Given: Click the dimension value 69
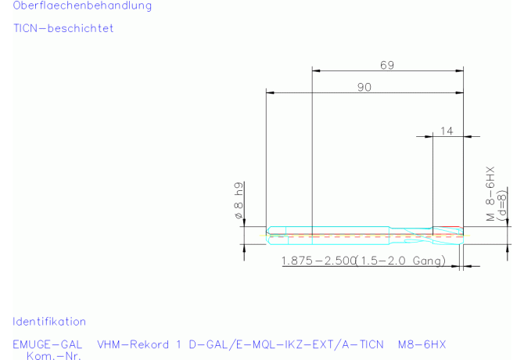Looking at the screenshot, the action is tap(387, 65).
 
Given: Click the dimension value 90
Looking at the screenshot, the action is tap(364, 87).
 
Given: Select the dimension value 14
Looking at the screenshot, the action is tap(447, 131).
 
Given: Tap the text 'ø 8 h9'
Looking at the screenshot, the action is tap(239, 200).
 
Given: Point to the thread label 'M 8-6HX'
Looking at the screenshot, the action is tap(490, 194).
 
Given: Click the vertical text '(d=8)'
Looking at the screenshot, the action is tap(501, 206).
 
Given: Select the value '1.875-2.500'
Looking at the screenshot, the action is tap(318, 261).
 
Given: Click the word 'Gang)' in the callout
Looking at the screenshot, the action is tap(429, 261).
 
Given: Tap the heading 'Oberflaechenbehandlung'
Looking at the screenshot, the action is tap(82, 5).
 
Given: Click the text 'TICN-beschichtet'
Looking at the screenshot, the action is tap(63, 28).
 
